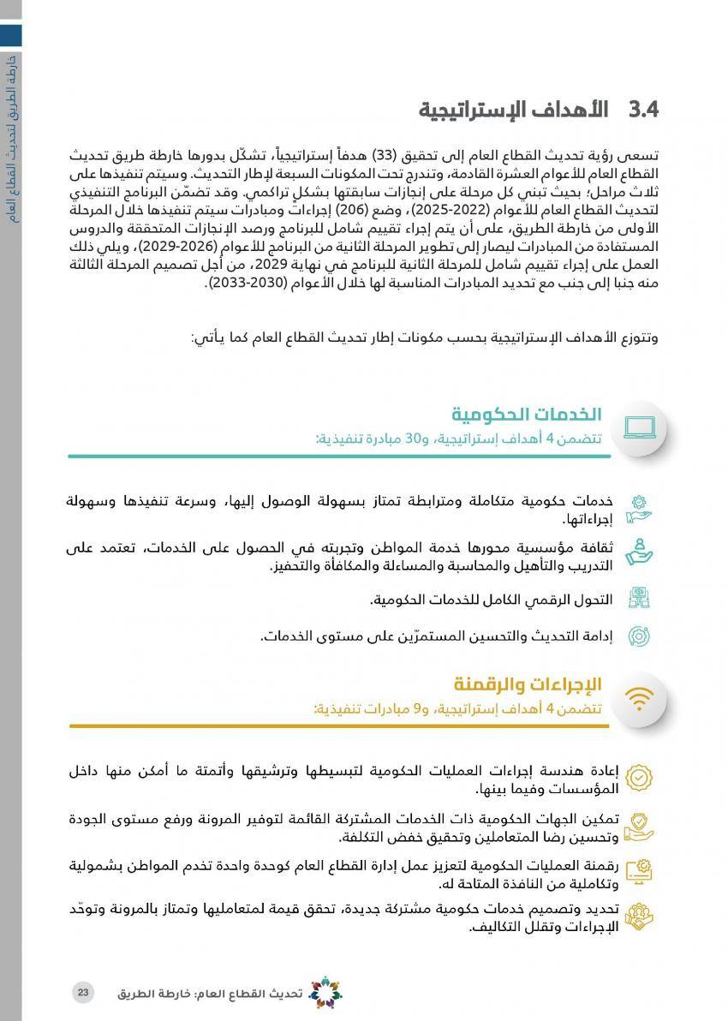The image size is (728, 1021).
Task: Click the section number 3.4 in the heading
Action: [x=642, y=110]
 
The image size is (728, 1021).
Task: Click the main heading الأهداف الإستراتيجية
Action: [x=513, y=110]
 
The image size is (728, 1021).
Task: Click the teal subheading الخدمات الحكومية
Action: [x=527, y=415]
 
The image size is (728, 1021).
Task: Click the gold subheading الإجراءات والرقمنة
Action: [x=528, y=684]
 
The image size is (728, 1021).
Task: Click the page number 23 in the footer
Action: [x=82, y=992]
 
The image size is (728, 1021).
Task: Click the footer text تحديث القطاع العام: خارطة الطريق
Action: [x=210, y=994]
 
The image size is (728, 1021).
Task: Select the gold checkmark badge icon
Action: [x=638, y=777]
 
